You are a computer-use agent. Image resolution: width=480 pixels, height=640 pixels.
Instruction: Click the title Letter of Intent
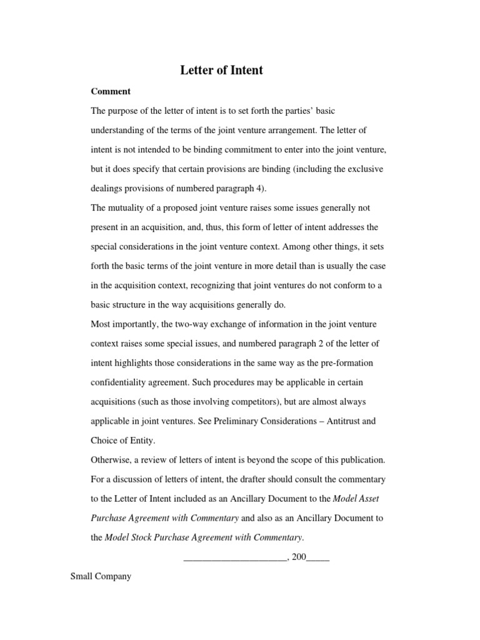pyautogui.click(x=222, y=71)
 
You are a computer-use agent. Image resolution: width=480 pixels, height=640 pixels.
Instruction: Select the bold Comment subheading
pyautogui.click(x=111, y=91)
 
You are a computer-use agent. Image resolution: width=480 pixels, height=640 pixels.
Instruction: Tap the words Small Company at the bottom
pyautogui.click(x=101, y=577)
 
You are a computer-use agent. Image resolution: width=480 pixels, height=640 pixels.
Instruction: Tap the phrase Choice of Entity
pyautogui.click(x=122, y=441)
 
